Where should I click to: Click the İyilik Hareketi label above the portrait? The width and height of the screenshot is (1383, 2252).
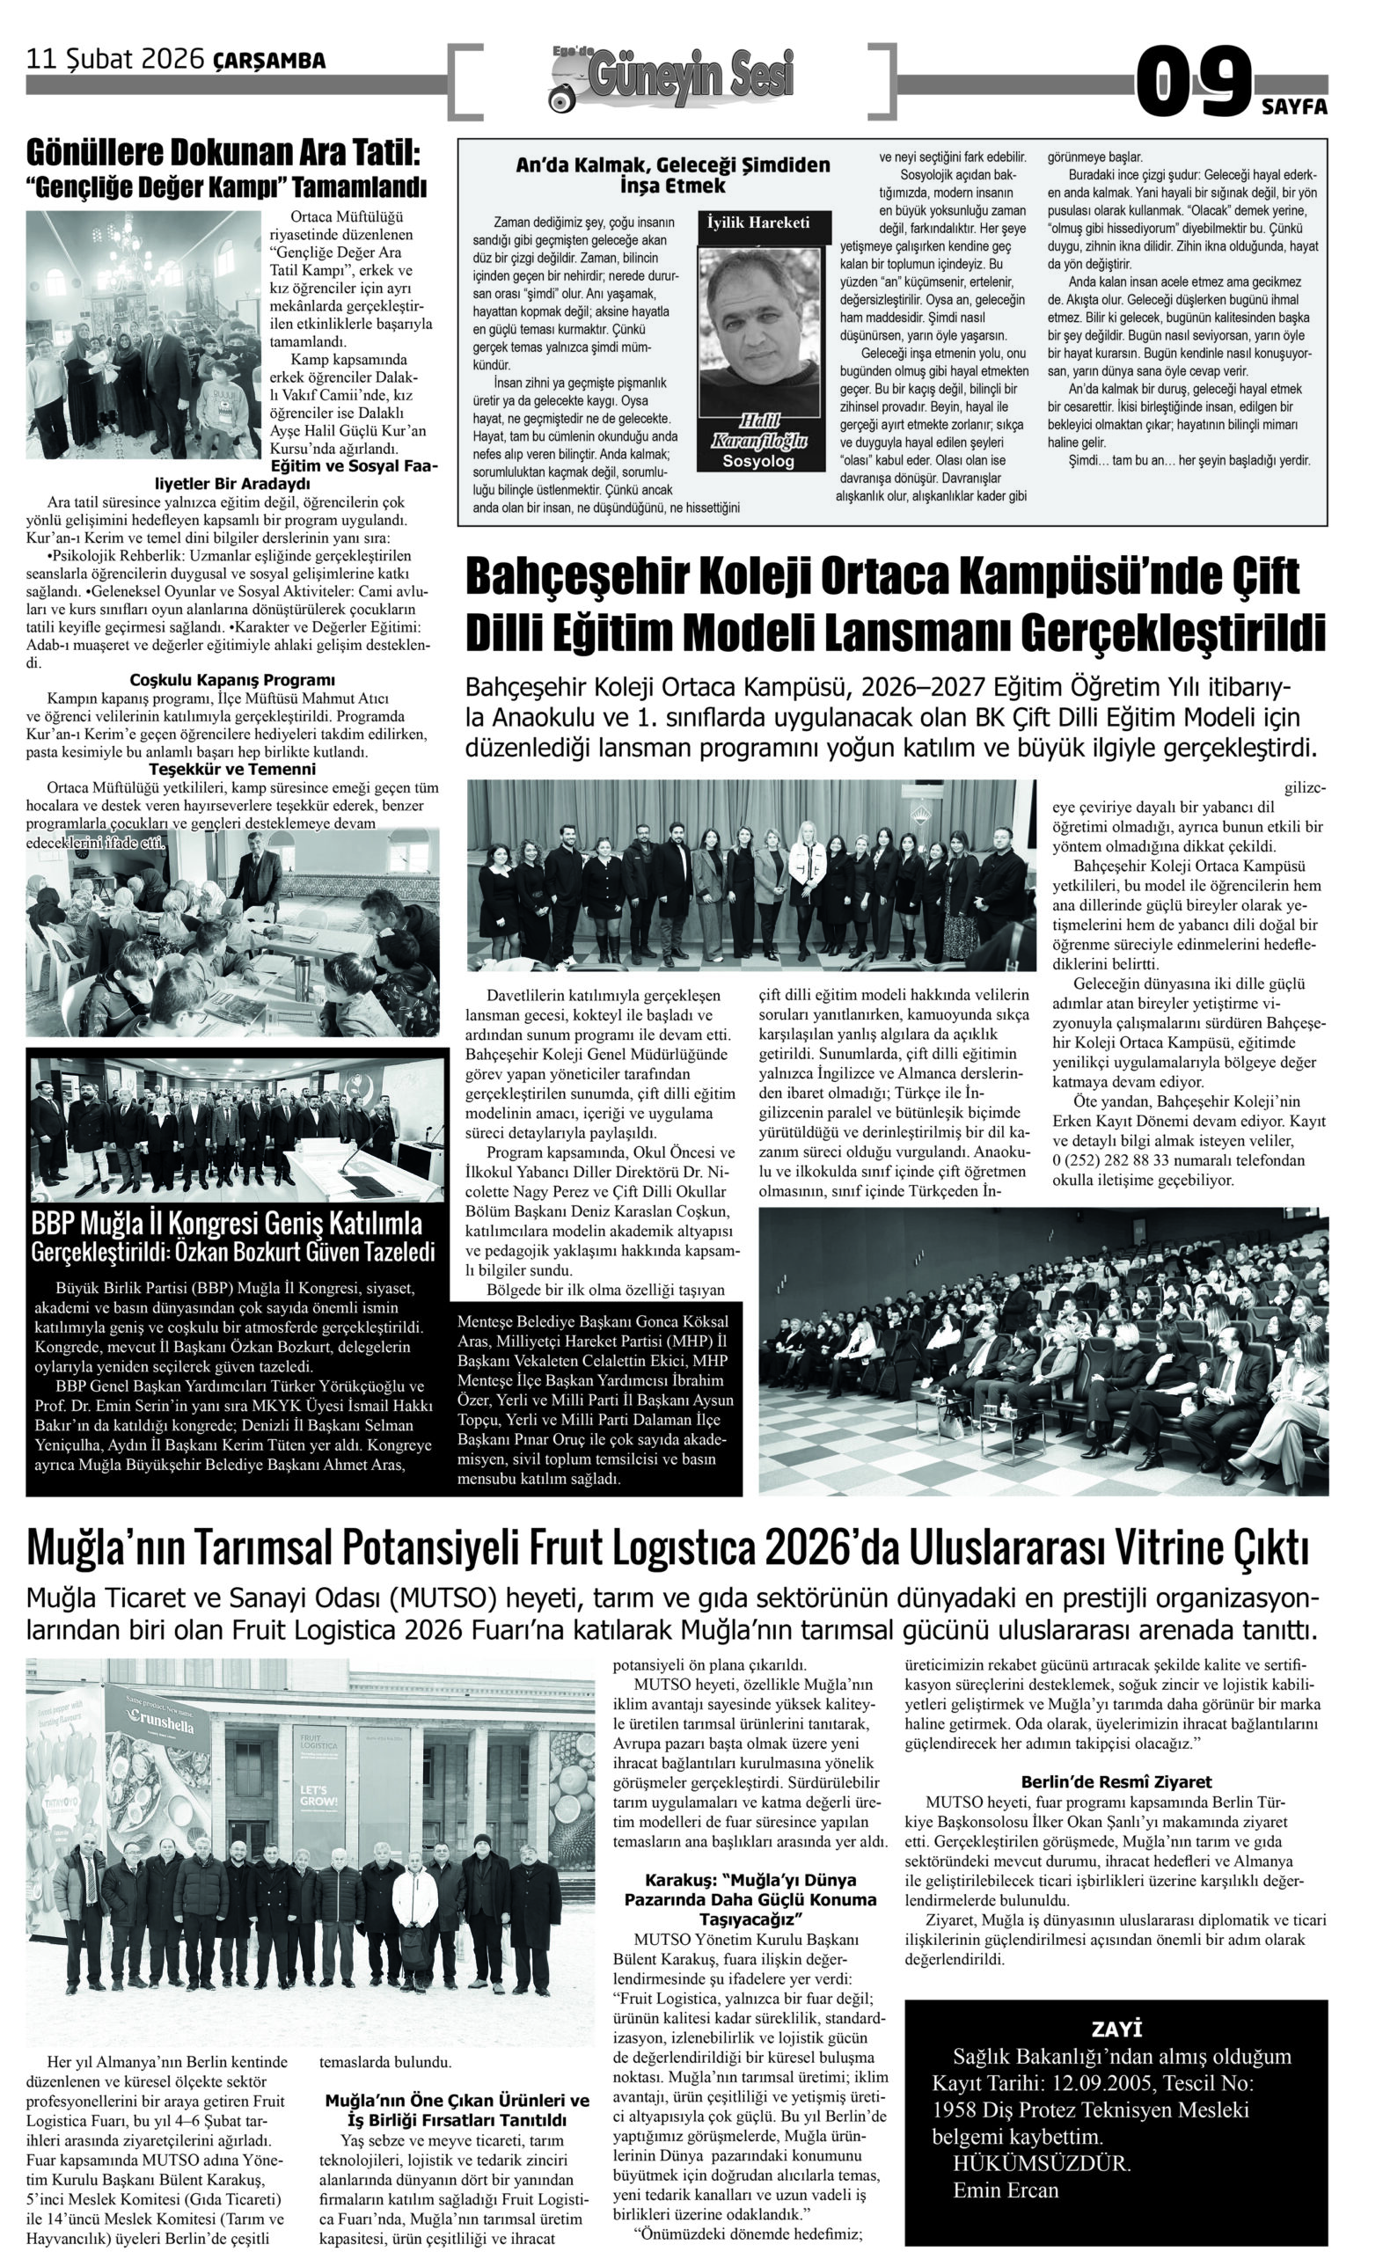758,223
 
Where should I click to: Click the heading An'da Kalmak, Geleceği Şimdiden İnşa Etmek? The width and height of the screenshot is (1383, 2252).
672,175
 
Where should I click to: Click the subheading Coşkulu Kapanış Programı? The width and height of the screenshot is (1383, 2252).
232,680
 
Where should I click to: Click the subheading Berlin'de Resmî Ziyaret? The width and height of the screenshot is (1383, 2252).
1116,1782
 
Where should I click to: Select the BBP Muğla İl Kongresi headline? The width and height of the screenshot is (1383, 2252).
227,1225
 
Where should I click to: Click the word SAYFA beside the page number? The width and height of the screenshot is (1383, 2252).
1294,106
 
